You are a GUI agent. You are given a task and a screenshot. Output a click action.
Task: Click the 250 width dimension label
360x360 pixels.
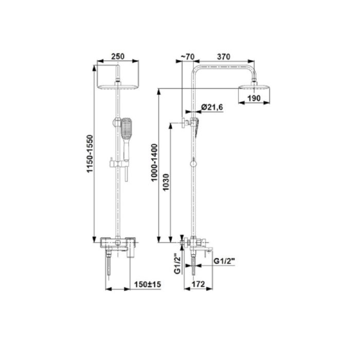118,56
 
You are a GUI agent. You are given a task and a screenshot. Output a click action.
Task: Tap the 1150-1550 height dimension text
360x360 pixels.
90,154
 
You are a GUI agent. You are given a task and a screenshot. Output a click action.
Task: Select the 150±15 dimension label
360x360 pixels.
148,284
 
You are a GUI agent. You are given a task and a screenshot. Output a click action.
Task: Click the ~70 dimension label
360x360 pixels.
188,57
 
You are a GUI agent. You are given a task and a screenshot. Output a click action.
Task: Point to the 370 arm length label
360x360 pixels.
223,57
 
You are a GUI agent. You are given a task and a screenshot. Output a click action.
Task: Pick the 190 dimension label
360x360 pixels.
254,98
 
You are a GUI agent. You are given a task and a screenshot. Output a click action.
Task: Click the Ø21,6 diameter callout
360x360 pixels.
212,107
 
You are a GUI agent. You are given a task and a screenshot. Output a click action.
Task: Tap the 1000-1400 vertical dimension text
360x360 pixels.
154,163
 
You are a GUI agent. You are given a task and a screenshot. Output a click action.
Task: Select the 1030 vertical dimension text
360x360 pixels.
166,182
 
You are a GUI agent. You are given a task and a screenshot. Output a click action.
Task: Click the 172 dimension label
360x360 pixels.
198,284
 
